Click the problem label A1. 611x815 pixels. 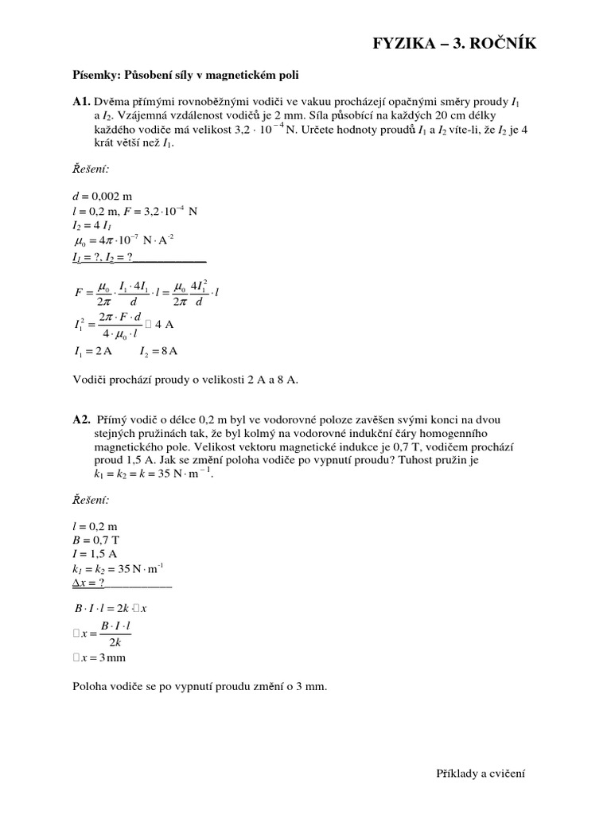click(81, 103)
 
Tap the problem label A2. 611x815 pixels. click(81, 419)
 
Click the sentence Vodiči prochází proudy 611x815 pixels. click(185, 380)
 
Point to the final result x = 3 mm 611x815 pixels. click(100, 657)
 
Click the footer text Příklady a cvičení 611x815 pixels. click(481, 773)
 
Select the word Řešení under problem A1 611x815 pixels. click(91, 169)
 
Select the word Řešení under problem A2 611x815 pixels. click(91, 499)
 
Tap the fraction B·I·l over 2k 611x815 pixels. click(115, 634)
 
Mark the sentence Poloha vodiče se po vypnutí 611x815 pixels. click(200, 686)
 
